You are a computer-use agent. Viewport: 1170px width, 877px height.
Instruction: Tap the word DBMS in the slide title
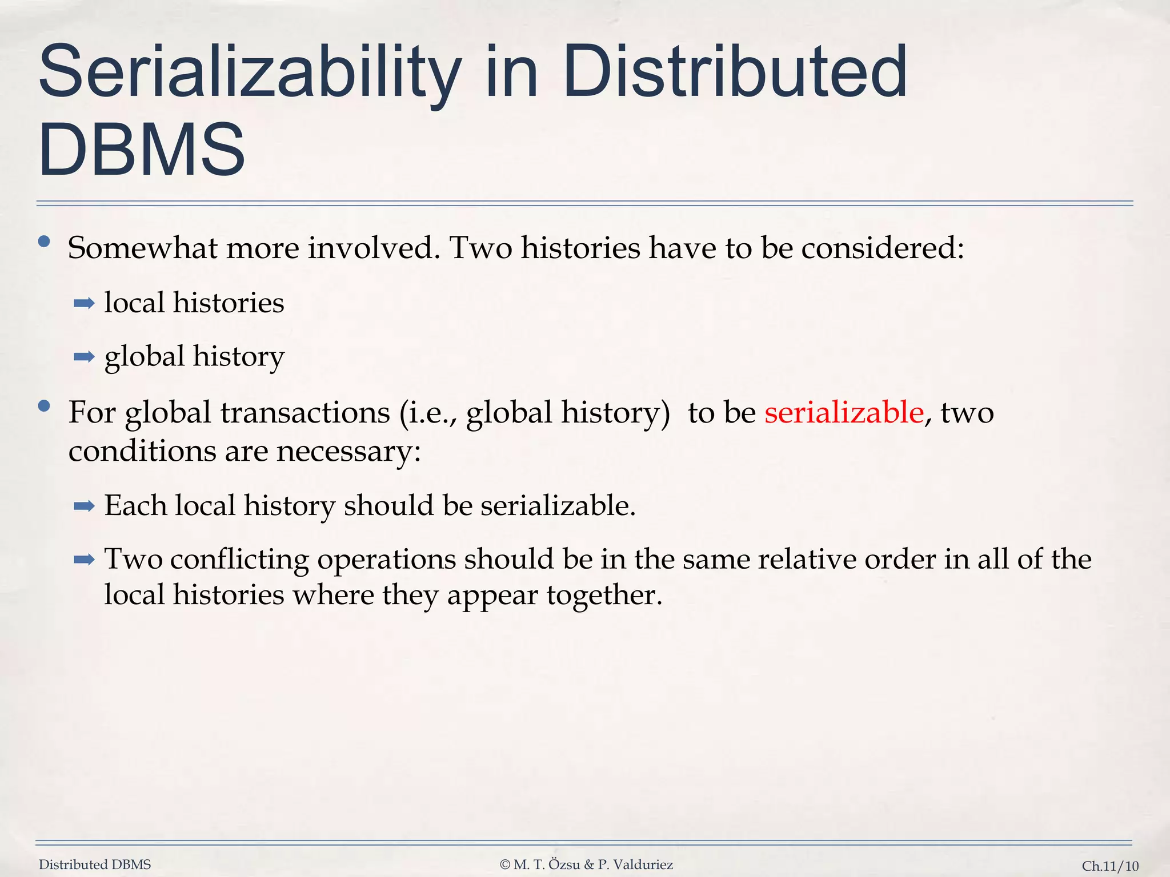(142, 150)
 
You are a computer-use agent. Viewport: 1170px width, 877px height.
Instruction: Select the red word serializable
(844, 412)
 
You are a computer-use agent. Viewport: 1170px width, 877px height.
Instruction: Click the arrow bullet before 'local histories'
(84, 303)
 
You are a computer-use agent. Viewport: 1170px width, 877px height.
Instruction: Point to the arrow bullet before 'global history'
(84, 357)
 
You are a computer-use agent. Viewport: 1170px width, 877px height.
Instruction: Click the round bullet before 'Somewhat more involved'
(44, 242)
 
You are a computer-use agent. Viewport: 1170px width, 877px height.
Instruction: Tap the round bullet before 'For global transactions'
(44, 407)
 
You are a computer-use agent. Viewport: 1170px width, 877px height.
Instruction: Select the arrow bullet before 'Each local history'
(84, 505)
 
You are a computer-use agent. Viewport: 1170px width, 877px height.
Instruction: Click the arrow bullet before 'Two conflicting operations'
(84, 559)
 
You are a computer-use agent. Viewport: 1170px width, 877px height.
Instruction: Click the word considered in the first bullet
(882, 248)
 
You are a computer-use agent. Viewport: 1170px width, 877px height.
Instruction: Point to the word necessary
(348, 451)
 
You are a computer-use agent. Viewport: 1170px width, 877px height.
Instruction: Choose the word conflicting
(239, 558)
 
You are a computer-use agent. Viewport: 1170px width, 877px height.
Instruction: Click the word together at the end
(604, 595)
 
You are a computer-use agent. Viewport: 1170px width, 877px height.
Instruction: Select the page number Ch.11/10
(1110, 866)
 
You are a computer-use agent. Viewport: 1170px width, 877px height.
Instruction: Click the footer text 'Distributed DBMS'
(95, 864)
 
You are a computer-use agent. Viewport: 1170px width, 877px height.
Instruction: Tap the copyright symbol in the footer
(504, 864)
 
